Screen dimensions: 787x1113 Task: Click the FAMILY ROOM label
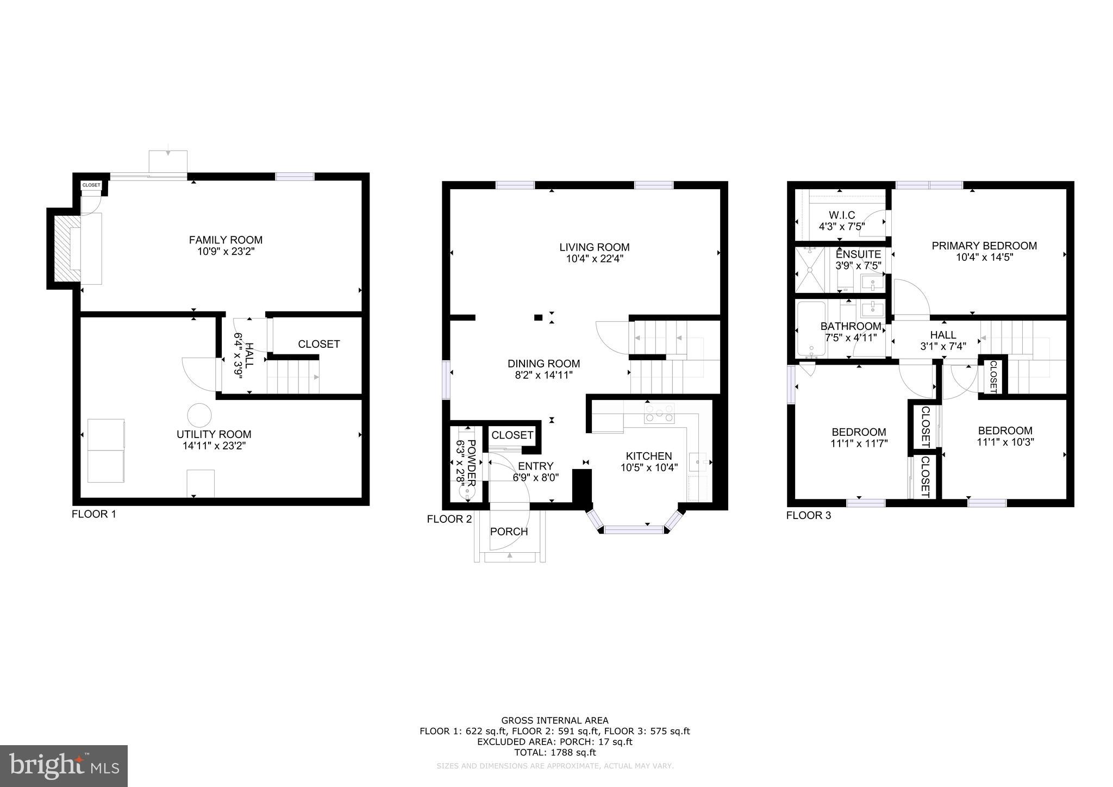coord(226,240)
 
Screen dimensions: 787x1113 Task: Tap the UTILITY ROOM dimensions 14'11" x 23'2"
coord(214,446)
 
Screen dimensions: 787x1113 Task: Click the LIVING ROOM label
coord(595,247)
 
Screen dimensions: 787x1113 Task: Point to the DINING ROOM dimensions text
coord(543,375)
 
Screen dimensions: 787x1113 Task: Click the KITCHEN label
coord(649,456)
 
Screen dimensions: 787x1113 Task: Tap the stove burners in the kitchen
coord(659,414)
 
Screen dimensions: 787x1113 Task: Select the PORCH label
coord(509,532)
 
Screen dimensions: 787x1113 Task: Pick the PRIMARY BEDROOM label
coord(984,246)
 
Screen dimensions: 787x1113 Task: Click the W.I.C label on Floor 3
coord(842,215)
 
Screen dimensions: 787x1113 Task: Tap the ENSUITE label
coord(858,254)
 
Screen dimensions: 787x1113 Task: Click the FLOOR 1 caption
coord(94,514)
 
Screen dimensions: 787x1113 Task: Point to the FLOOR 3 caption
coord(808,515)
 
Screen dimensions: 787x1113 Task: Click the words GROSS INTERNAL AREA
coord(554,721)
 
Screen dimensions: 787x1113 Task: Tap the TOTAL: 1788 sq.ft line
coord(554,752)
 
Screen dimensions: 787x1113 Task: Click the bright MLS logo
coord(64,766)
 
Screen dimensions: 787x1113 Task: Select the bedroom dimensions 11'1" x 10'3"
coord(1005,442)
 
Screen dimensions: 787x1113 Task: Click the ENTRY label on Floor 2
coord(535,466)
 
